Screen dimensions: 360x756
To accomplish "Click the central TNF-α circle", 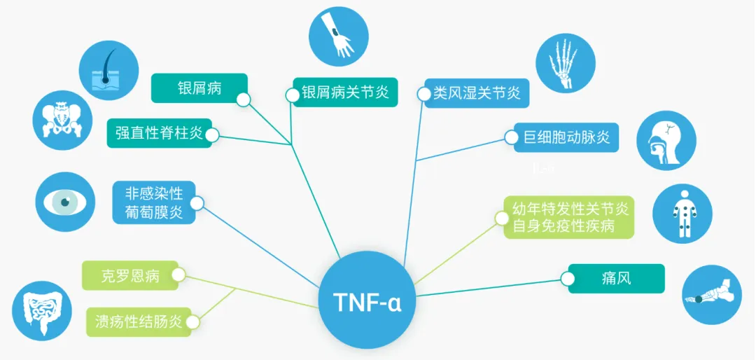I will [x=366, y=300].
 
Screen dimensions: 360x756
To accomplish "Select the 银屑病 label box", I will [x=199, y=88].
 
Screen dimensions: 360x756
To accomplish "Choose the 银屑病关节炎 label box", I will [x=345, y=92].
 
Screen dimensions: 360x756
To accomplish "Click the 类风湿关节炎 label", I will [x=477, y=92].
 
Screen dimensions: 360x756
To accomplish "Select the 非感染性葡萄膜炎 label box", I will [x=154, y=202].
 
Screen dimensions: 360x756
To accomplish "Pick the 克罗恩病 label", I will [x=130, y=275].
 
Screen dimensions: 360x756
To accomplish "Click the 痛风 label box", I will [x=615, y=278].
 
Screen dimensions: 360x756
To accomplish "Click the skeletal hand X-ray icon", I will [x=566, y=64].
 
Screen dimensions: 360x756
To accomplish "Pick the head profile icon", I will [x=666, y=141].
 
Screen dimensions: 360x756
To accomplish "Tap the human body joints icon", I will [x=682, y=213].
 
